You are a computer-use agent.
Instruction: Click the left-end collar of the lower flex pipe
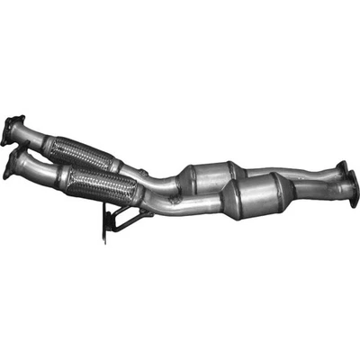[64, 177]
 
